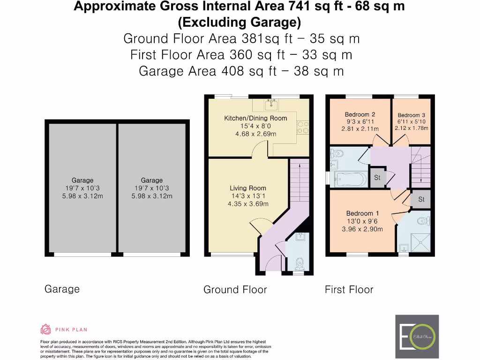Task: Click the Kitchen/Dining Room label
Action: click(255, 118)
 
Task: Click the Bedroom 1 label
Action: click(360, 213)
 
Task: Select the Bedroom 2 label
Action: click(360, 114)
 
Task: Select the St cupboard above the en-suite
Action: click(421, 199)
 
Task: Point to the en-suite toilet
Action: click(422, 220)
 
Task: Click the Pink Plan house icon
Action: click(46, 329)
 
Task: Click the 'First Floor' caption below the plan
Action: click(349, 290)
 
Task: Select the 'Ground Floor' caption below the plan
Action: click(235, 290)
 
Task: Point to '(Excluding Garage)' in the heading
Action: click(239, 22)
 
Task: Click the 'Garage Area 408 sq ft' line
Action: click(187, 71)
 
